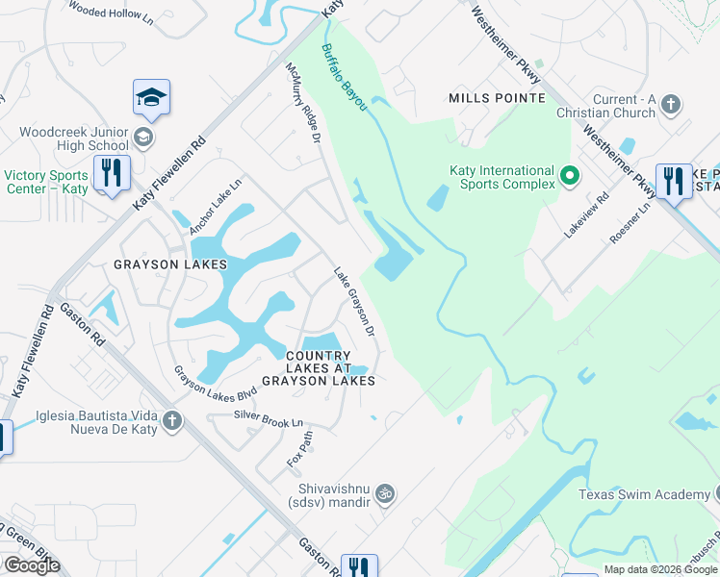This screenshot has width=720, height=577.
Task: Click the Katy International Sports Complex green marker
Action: point(569,177)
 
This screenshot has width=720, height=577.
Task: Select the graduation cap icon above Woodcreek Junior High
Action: point(151,97)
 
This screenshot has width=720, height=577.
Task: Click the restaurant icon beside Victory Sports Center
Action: point(113,174)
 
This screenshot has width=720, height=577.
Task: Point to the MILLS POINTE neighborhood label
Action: point(497,98)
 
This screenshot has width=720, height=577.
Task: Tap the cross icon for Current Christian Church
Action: point(672,104)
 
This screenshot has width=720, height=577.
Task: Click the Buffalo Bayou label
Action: point(344,78)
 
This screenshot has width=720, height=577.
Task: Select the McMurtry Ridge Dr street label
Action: point(302,104)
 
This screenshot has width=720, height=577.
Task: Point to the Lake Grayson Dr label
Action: point(353,302)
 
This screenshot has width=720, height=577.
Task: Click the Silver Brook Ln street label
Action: point(269,419)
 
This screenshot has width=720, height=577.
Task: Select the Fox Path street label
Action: point(299,449)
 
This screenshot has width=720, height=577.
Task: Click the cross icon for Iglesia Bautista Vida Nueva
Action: point(172,420)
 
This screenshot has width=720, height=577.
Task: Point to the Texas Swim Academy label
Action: point(643,494)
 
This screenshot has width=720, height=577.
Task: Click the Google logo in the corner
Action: point(32,565)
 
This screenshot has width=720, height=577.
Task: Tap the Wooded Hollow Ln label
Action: point(111,11)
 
